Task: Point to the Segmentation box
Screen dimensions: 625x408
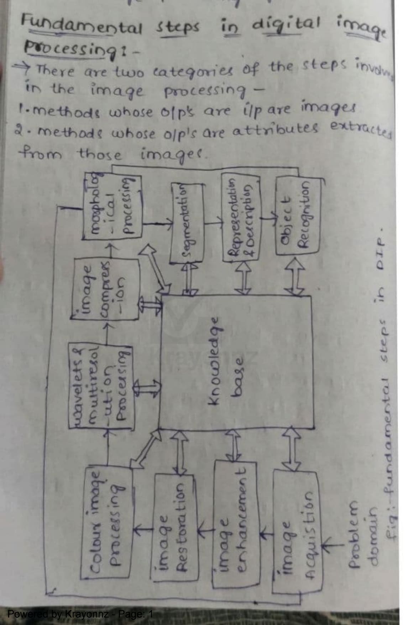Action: coord(187,222)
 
